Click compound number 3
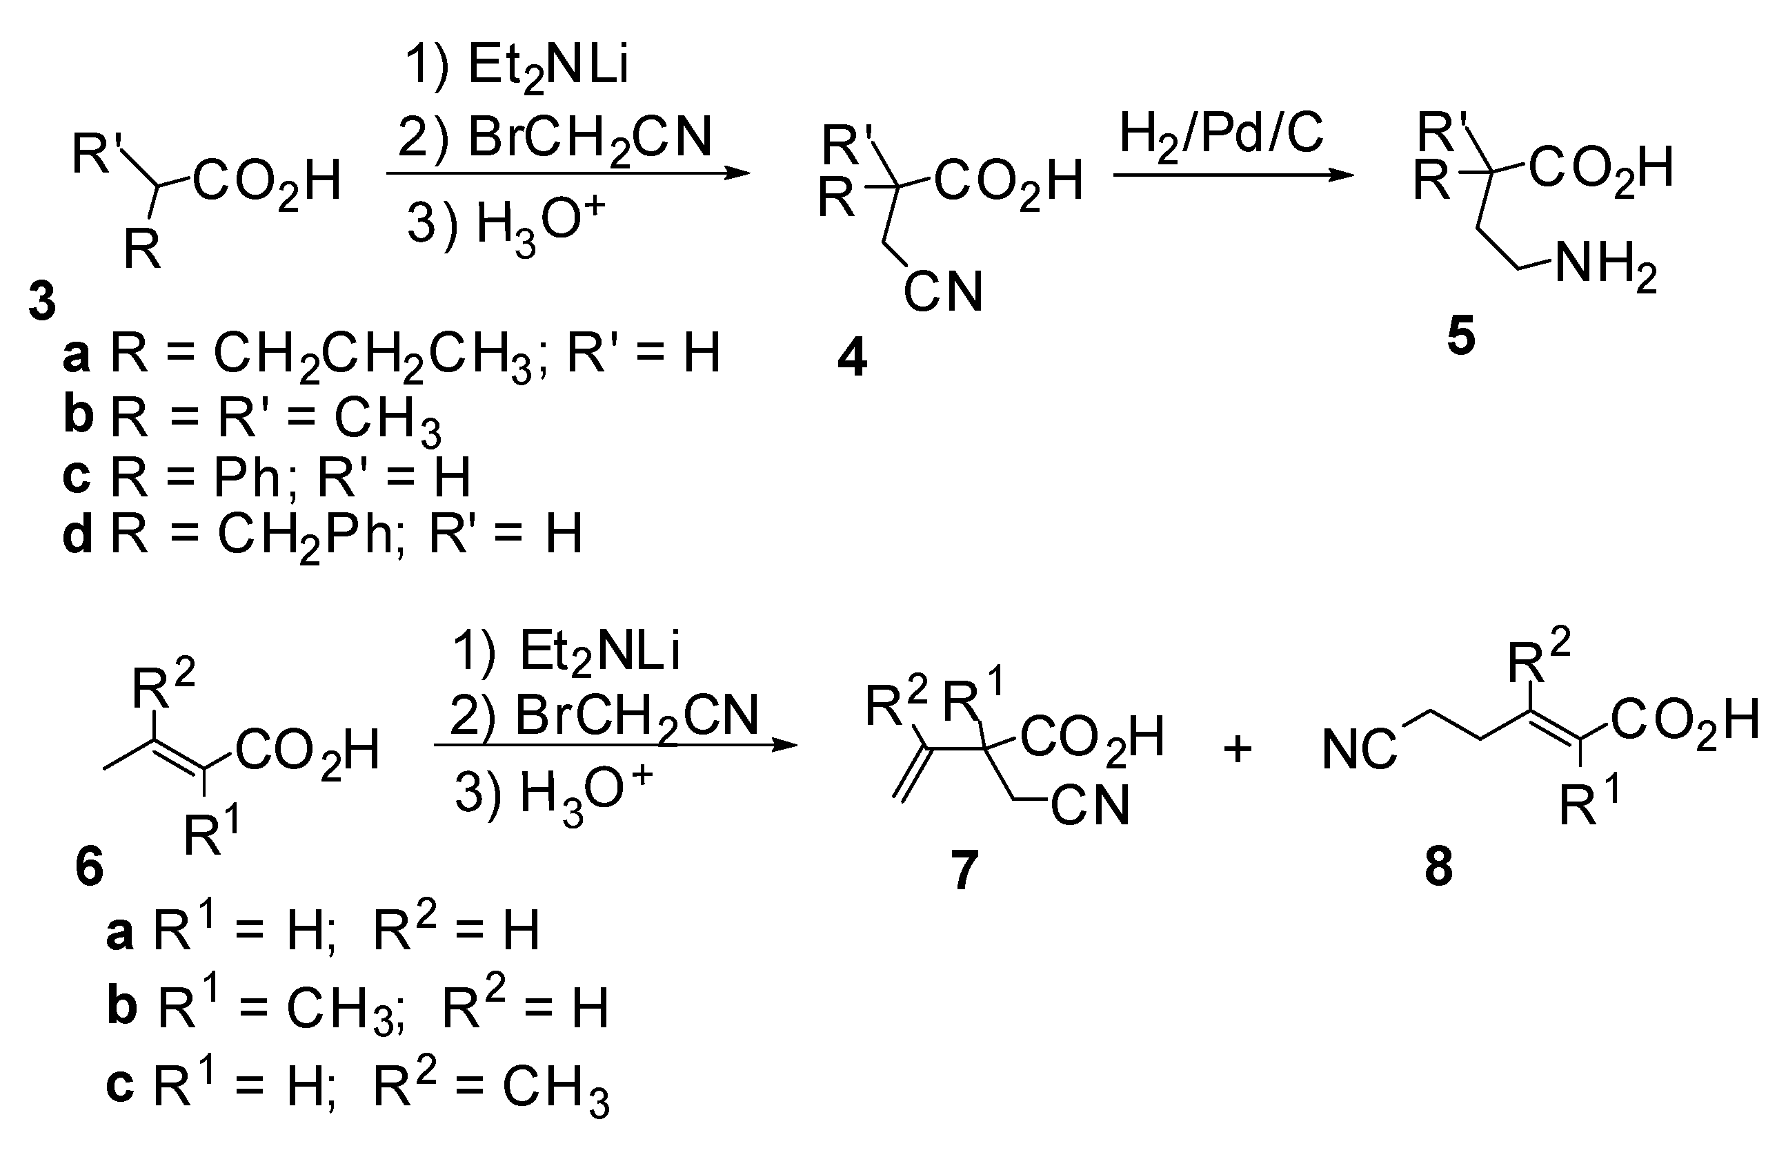coord(42,302)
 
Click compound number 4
coord(852,358)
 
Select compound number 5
coord(1461,338)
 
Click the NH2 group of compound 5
coord(1605,266)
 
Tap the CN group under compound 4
coord(943,292)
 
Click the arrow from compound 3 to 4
coord(568,174)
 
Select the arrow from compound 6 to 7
coord(615,745)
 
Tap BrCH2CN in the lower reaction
coord(605,716)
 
